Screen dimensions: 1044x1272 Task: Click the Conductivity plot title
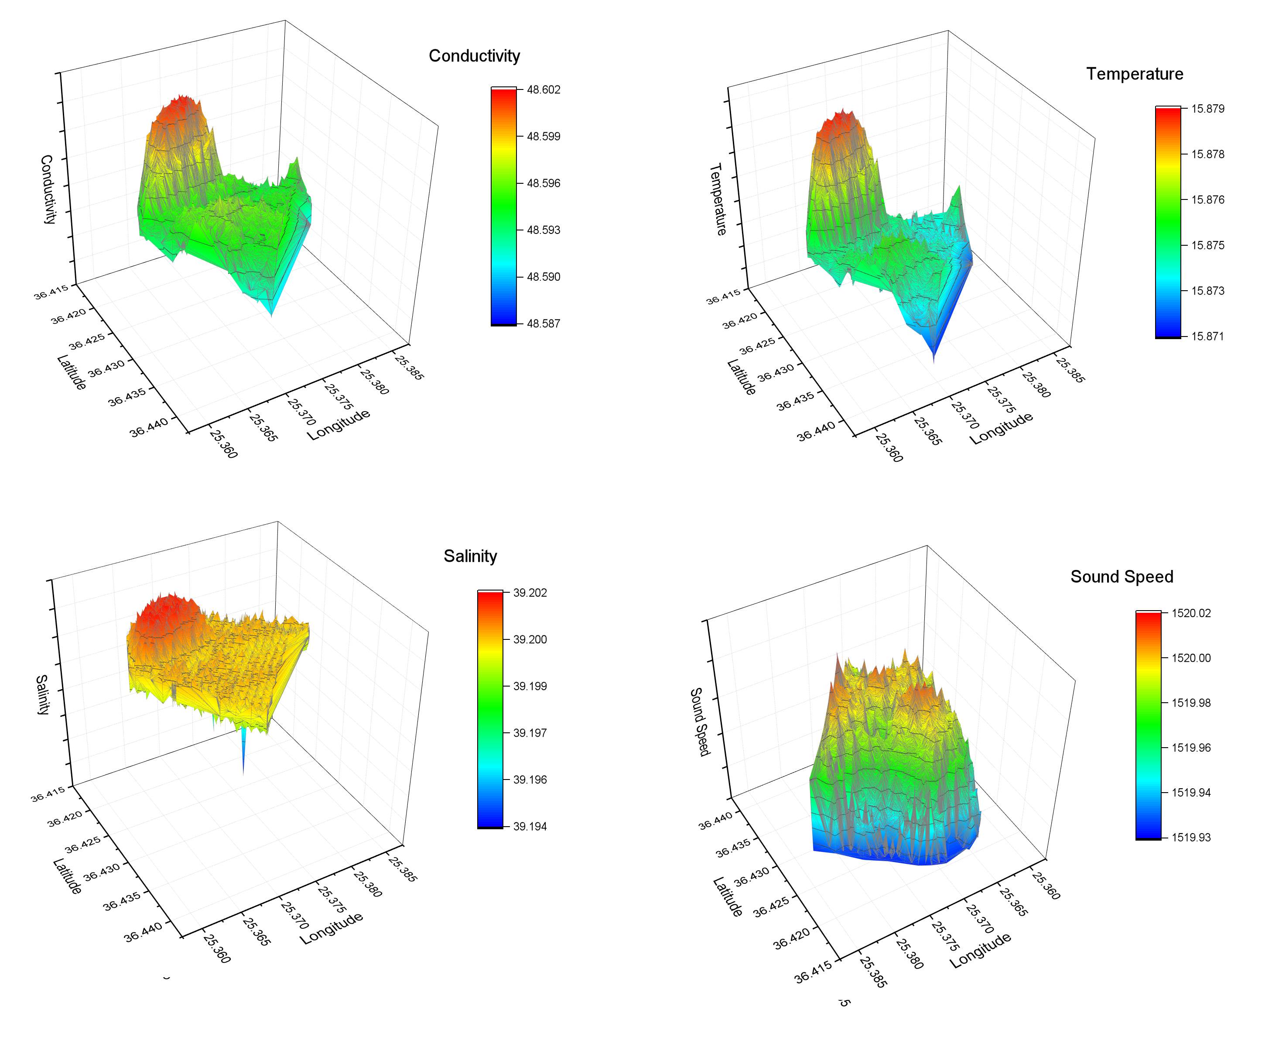pyautogui.click(x=474, y=56)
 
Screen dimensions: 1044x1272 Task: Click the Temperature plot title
pyautogui.click(x=1134, y=74)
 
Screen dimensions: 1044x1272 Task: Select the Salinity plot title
pyautogui.click(x=470, y=556)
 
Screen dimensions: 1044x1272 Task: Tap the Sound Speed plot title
pyautogui.click(x=1122, y=577)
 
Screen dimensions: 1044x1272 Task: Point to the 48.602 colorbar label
pyautogui.click(x=544, y=89)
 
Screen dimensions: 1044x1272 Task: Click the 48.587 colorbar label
pyautogui.click(x=544, y=323)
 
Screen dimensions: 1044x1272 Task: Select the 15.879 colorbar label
pyautogui.click(x=1208, y=109)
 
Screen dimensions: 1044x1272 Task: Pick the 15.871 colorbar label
pyautogui.click(x=1208, y=336)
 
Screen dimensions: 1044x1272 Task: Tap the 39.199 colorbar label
pyautogui.click(x=530, y=686)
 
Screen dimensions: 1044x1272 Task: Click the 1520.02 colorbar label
pyautogui.click(x=1191, y=613)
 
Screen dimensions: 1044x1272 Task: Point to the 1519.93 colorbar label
pyautogui.click(x=1191, y=838)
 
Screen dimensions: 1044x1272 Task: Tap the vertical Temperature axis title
pyautogui.click(x=718, y=199)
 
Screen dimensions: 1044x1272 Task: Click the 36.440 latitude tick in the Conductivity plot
pyautogui.click(x=148, y=428)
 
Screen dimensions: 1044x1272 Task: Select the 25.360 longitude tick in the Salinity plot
pyautogui.click(x=217, y=948)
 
